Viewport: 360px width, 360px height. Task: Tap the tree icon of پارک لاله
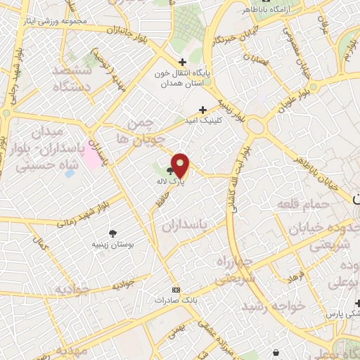pyautogui.click(x=169, y=171)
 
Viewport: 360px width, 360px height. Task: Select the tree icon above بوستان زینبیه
pyautogui.click(x=112, y=233)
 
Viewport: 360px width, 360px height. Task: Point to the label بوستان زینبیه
pyautogui.click(x=112, y=245)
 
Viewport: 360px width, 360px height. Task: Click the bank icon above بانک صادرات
pyautogui.click(x=176, y=289)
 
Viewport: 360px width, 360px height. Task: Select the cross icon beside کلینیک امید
pyautogui.click(x=202, y=110)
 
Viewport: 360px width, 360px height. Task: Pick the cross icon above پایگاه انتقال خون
pyautogui.click(x=183, y=62)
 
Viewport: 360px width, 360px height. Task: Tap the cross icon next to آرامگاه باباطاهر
pyautogui.click(x=237, y=10)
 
